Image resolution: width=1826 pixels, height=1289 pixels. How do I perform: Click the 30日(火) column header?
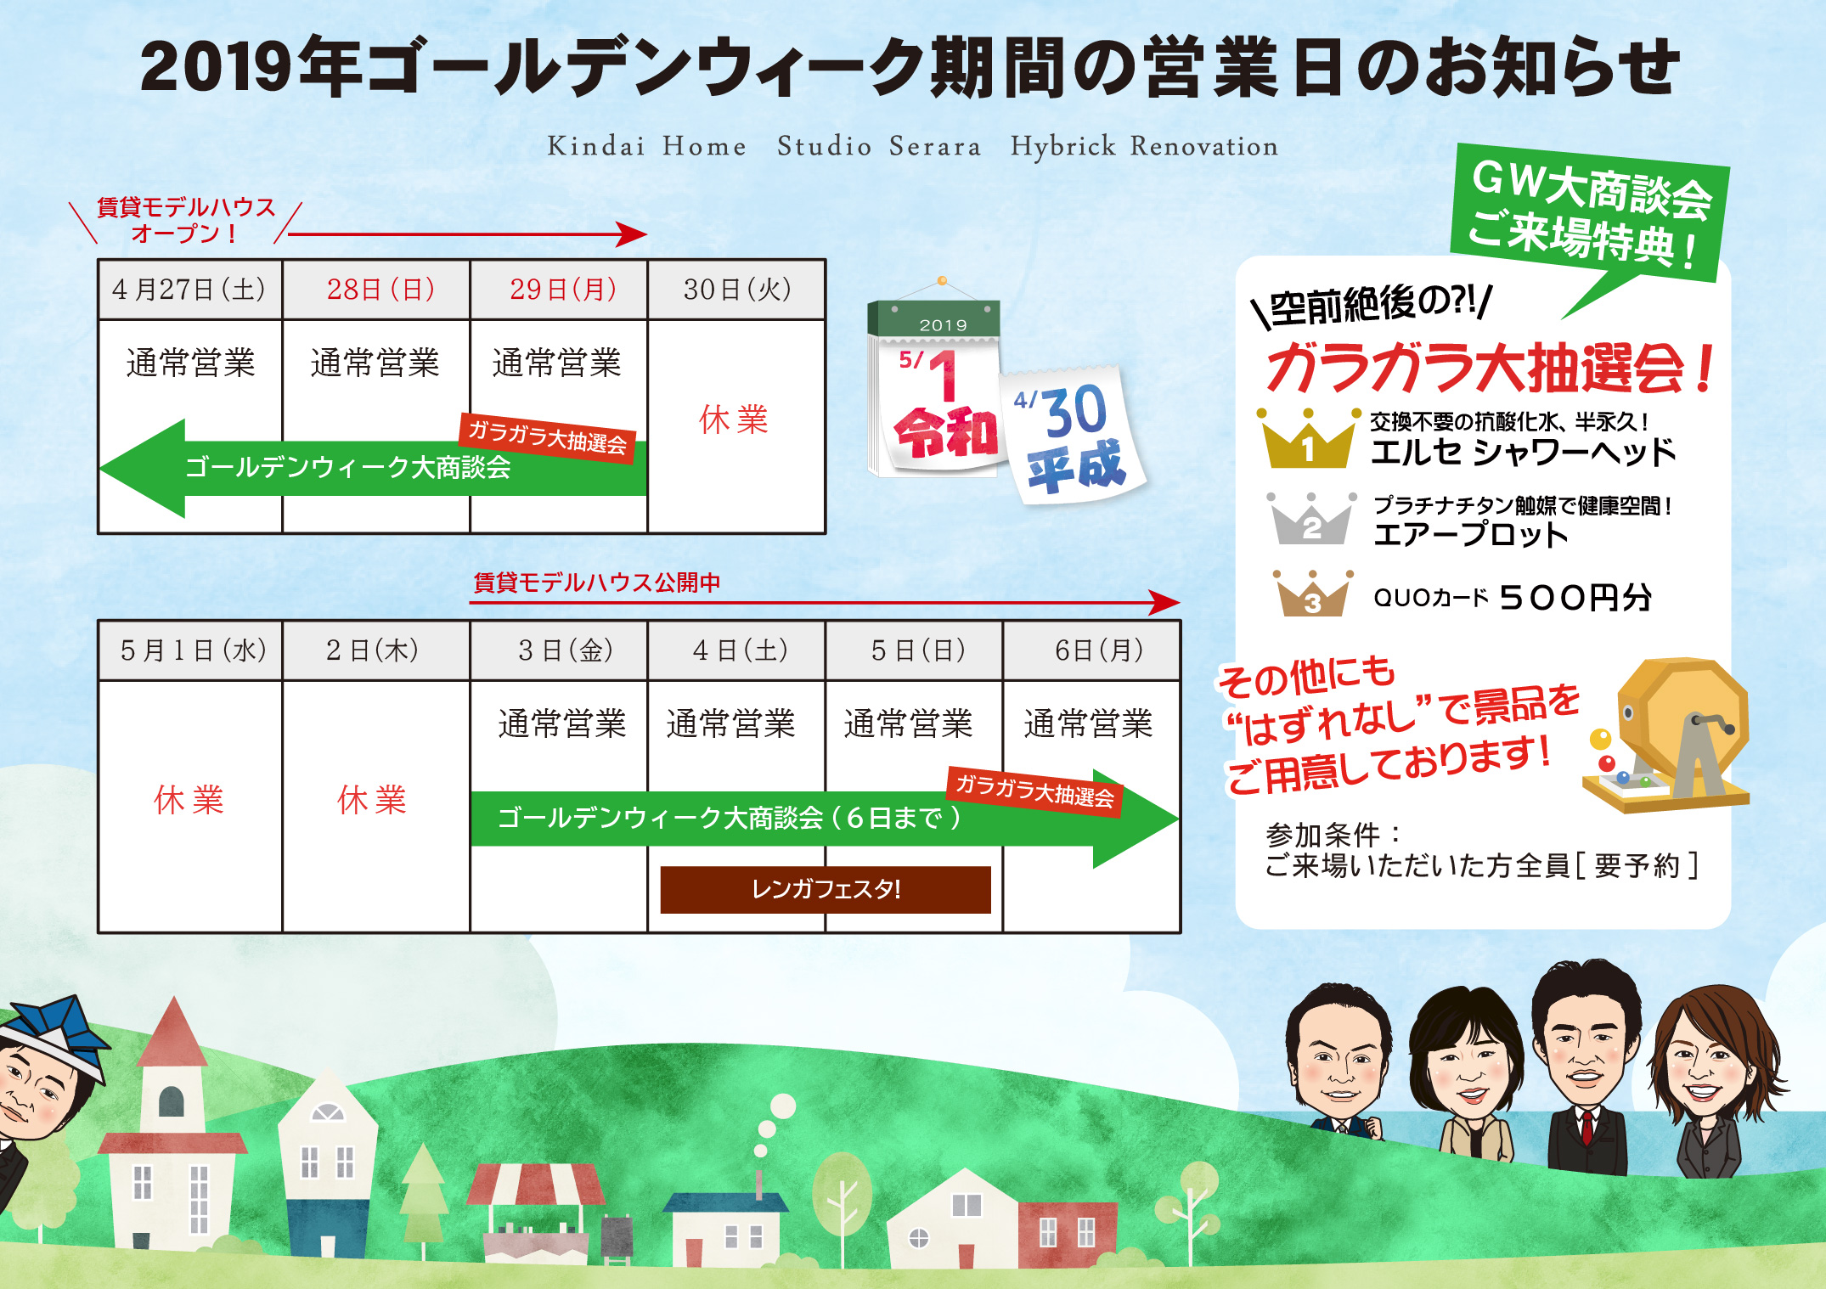pos(737,290)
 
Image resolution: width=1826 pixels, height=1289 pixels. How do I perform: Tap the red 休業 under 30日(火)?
pos(734,419)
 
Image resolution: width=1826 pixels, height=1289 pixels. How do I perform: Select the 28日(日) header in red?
pos(380,290)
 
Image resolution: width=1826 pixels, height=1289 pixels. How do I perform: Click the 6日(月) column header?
pos(1099,650)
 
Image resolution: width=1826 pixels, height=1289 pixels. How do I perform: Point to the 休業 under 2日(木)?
pos(372,800)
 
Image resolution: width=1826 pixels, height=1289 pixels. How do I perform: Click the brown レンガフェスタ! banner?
pos(826,889)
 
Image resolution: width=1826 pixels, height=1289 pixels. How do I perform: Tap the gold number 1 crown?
pos(1308,439)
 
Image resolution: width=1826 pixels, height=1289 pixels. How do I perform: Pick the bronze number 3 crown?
pos(1312,594)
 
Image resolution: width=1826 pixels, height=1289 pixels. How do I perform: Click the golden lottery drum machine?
pos(1666,735)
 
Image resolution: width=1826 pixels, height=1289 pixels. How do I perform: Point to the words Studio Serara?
pos(879,146)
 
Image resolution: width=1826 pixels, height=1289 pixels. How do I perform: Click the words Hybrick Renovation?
pos(1144,146)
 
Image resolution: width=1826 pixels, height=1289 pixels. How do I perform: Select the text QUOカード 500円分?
pos(1513,598)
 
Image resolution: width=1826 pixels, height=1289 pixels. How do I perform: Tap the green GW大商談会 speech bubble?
pos(1588,217)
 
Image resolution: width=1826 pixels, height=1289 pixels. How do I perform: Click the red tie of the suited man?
pos(1586,1125)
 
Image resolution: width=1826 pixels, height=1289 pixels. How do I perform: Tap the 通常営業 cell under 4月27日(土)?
pos(190,363)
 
